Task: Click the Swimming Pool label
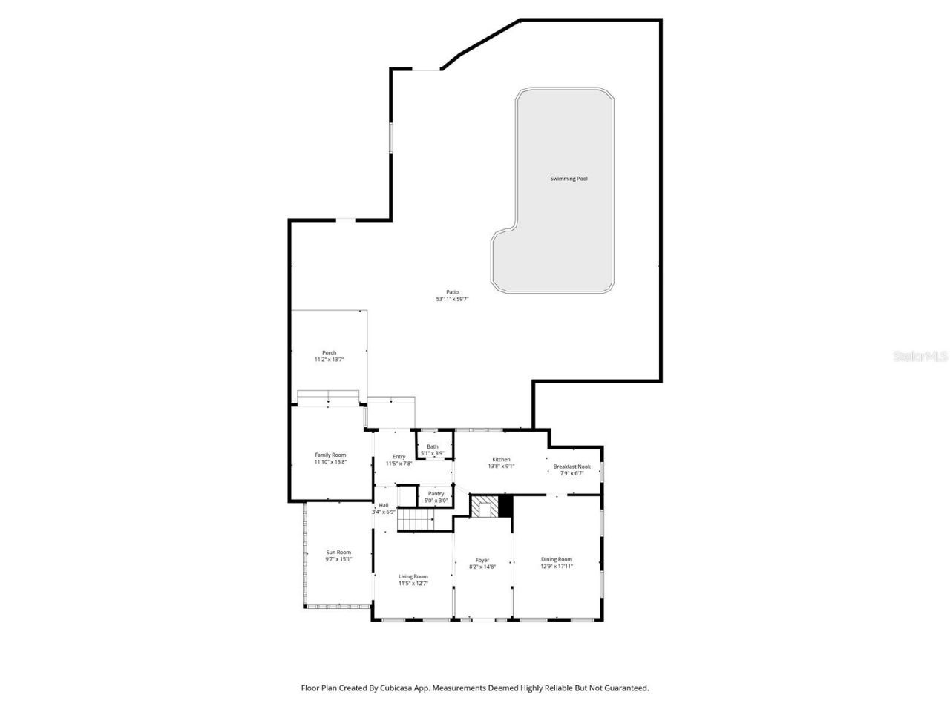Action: point(569,179)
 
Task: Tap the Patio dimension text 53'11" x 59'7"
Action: point(452,300)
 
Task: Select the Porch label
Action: point(329,352)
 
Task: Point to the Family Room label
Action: point(330,455)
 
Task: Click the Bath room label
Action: point(432,446)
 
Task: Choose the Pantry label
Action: point(436,493)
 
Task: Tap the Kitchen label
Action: point(501,459)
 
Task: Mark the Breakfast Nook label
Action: point(571,467)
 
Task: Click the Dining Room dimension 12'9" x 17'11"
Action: point(556,567)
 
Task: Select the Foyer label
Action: point(482,560)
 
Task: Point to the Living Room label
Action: point(413,576)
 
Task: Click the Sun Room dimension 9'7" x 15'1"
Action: point(338,559)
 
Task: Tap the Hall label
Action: point(384,505)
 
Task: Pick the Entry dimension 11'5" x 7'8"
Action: point(399,464)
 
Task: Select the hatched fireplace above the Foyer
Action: point(485,507)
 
